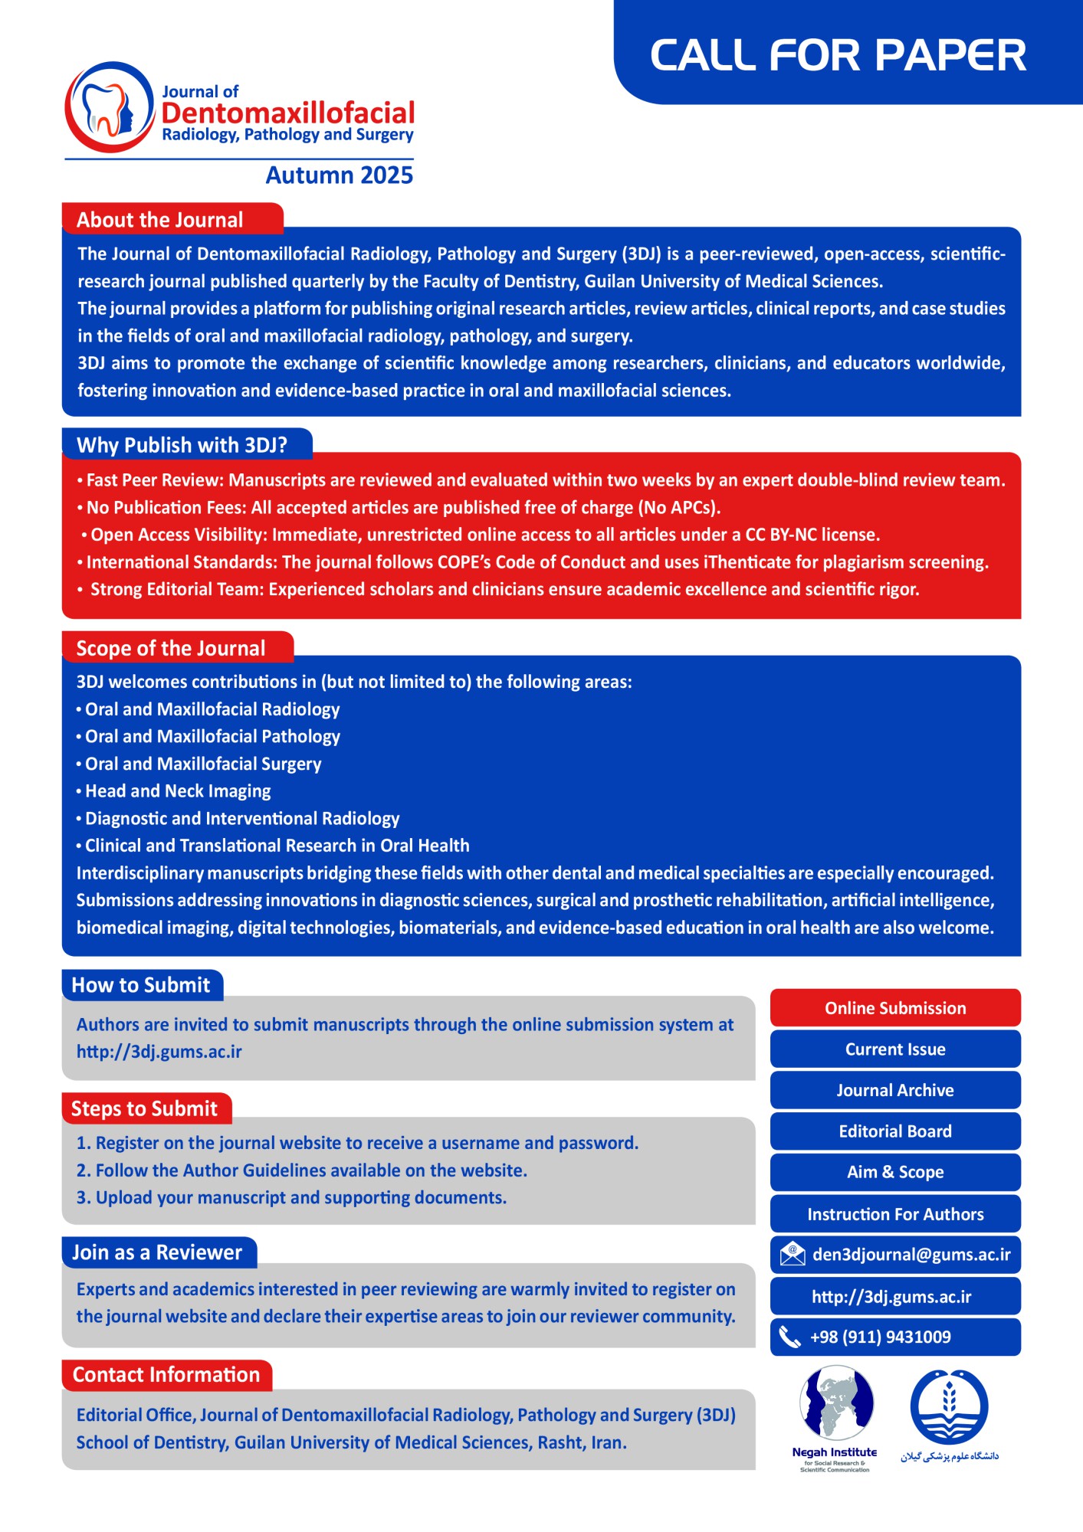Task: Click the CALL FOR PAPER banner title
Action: coord(838,55)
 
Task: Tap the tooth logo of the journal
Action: coord(109,107)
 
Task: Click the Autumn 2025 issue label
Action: coord(339,175)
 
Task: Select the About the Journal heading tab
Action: coord(160,220)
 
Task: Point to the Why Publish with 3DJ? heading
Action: coord(182,445)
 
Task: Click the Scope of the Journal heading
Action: coord(171,648)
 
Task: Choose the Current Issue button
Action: coord(894,1049)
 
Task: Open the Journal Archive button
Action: coord(894,1090)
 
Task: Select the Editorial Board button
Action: coord(894,1131)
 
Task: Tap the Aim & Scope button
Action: coord(894,1172)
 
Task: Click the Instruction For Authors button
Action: coord(894,1214)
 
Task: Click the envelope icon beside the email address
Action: coord(792,1255)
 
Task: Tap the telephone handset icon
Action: coord(789,1337)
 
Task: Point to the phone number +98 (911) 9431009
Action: coord(881,1337)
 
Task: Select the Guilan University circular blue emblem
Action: coord(949,1407)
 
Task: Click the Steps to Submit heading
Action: coord(144,1108)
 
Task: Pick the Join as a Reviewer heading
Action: coord(157,1252)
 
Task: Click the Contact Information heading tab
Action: coord(166,1375)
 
